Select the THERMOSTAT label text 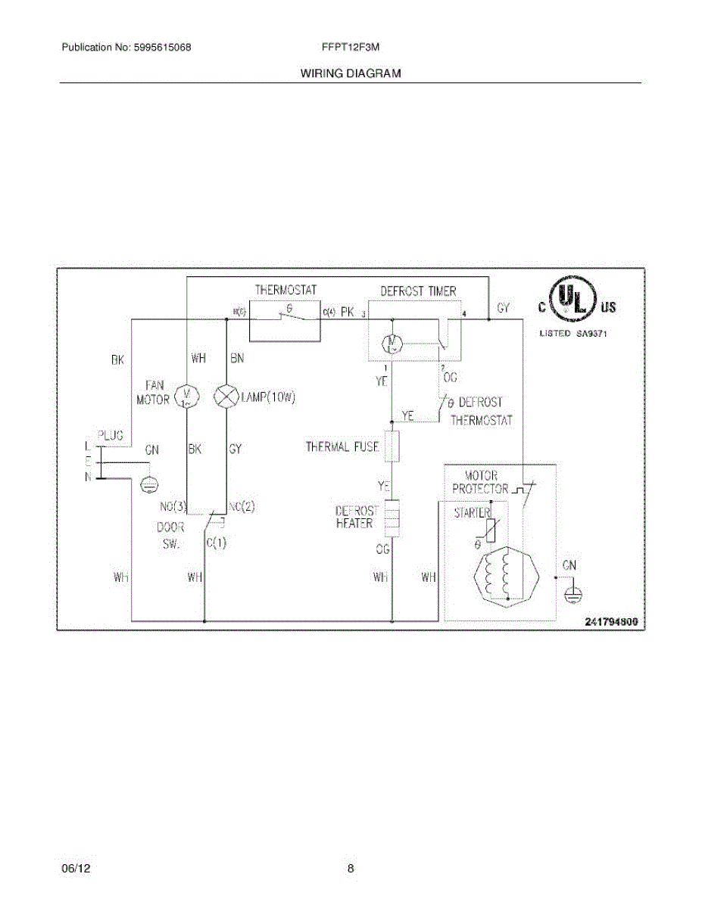point(285,290)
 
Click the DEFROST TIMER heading point(418,291)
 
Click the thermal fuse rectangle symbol point(392,446)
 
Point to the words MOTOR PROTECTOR point(480,483)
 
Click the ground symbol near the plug point(150,484)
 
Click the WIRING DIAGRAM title point(351,73)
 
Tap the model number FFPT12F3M point(351,47)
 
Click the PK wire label point(348,311)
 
